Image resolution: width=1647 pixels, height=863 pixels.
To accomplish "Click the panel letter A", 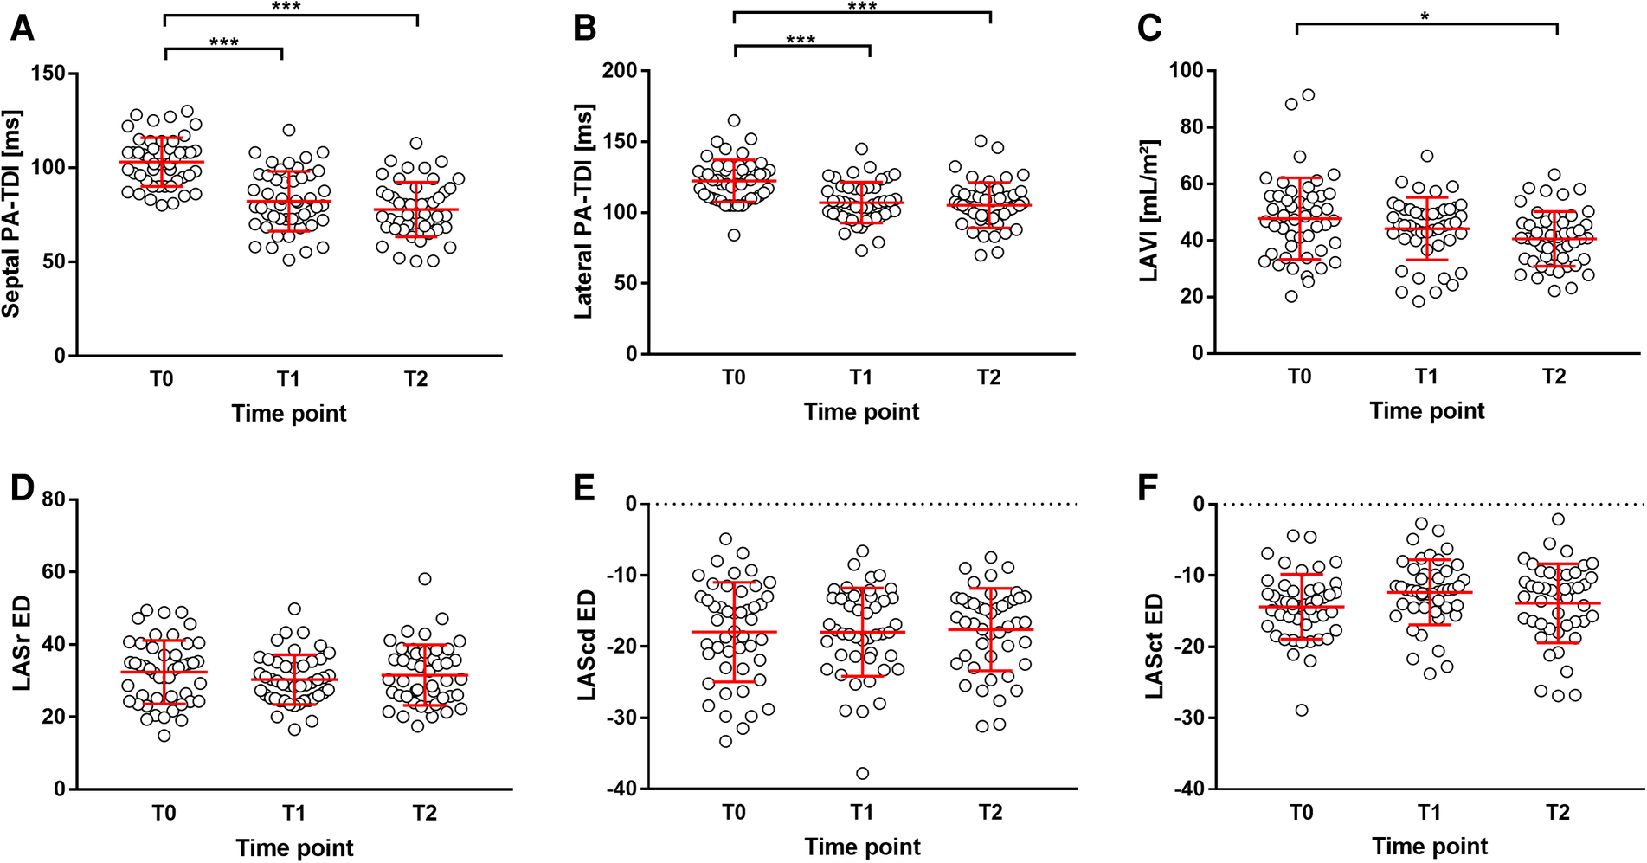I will pyautogui.click(x=22, y=29).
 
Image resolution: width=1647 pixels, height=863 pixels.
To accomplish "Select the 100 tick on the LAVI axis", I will pyautogui.click(x=1186, y=70).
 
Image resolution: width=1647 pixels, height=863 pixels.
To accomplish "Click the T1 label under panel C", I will pyautogui.click(x=1426, y=377).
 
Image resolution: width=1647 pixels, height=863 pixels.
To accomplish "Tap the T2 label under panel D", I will pyautogui.click(x=423, y=813).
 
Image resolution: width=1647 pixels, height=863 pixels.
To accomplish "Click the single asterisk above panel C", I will pyautogui.click(x=1425, y=16).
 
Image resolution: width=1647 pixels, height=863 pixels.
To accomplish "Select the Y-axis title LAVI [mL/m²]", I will pyautogui.click(x=1150, y=209).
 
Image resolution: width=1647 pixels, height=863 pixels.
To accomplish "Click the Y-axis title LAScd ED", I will pyautogui.click(x=586, y=645).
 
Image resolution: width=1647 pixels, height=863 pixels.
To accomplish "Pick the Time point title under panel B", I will pyautogui.click(x=861, y=412).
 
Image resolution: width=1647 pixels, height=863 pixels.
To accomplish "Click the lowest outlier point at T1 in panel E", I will pyautogui.click(x=862, y=773).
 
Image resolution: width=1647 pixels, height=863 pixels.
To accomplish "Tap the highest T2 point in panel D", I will pyautogui.click(x=424, y=579).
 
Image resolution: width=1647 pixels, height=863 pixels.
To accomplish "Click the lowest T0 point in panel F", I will pyautogui.click(x=1301, y=710).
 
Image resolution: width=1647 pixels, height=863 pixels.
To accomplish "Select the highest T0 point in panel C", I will pyautogui.click(x=1308, y=95).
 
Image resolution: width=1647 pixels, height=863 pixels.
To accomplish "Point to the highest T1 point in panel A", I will pyautogui.click(x=289, y=130).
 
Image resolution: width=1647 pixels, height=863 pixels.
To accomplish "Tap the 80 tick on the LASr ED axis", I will pyautogui.click(x=54, y=499).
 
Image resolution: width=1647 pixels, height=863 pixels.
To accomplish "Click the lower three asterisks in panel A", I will pyautogui.click(x=223, y=42).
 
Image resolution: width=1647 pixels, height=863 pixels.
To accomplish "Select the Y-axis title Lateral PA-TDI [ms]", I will pyautogui.click(x=585, y=212).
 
